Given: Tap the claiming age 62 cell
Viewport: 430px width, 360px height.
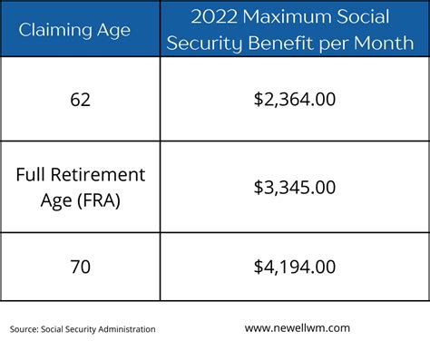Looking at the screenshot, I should (81, 99).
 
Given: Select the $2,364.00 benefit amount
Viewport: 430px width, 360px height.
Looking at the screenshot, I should (295, 99).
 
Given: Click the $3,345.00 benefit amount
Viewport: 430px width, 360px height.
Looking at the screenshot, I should (295, 187).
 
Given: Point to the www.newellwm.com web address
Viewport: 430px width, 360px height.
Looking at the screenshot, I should (298, 328).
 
